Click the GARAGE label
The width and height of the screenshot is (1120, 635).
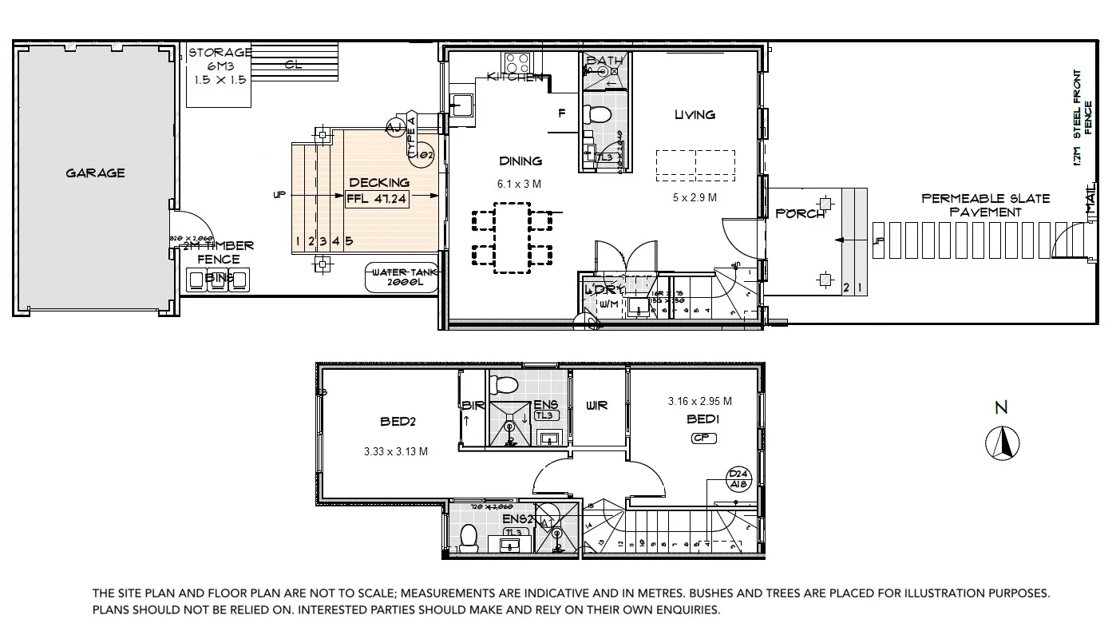95,173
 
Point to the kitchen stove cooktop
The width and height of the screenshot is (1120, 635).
516,62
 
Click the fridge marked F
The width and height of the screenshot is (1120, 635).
561,113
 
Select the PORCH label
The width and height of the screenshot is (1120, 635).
800,213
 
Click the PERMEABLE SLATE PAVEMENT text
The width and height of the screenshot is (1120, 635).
985,205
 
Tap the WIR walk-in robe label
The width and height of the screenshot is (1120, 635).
596,405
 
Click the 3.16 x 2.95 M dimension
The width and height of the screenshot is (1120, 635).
700,402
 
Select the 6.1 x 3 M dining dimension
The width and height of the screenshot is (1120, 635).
519,184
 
